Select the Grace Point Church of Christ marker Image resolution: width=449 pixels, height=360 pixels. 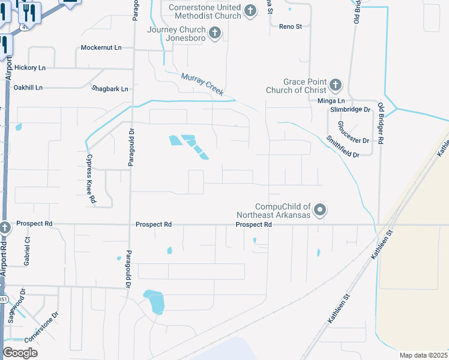(x=335, y=84)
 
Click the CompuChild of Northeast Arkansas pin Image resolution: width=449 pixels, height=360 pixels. (x=320, y=209)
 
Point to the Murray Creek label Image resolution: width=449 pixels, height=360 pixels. (x=202, y=84)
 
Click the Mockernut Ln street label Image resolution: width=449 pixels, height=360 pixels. (x=101, y=47)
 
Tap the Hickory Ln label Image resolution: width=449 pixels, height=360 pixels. (x=30, y=68)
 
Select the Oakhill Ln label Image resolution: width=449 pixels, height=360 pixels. (x=28, y=88)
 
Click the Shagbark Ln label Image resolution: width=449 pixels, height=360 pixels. (x=110, y=89)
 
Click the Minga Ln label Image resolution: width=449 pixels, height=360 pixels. (x=331, y=101)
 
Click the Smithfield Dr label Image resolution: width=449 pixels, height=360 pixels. (x=343, y=146)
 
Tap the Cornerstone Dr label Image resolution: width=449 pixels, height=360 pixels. (x=42, y=326)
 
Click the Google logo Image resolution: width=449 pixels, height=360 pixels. (x=20, y=353)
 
